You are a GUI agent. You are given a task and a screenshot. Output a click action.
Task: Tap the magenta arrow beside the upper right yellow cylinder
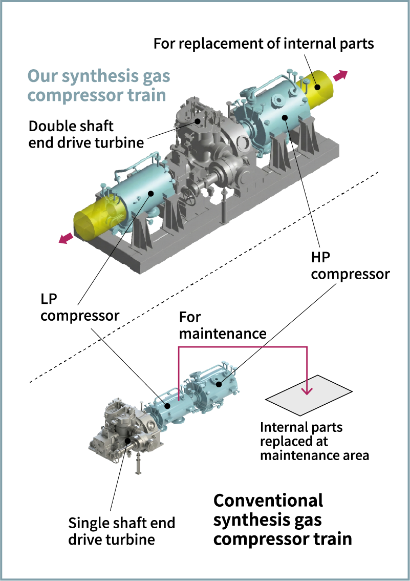[340, 76]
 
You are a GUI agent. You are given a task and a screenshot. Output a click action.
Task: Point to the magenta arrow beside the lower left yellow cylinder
[64, 241]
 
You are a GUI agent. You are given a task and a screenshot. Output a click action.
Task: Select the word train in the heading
[146, 95]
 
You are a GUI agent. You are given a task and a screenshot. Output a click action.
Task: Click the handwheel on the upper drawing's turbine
[191, 198]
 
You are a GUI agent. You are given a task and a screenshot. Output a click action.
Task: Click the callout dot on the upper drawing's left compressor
[152, 193]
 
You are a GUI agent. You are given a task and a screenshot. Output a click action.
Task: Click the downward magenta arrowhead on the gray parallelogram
[307, 390]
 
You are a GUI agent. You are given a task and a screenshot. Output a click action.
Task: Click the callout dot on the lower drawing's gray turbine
[126, 441]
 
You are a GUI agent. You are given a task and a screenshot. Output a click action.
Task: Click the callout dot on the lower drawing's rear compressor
[219, 383]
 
